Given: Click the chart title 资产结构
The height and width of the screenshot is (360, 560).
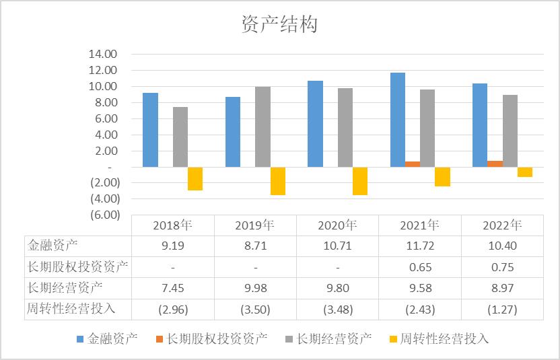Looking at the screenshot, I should click(x=279, y=25).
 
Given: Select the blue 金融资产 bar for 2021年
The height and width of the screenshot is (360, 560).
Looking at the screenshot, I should click(x=398, y=119).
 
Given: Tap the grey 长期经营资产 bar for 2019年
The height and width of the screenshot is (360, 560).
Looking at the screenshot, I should click(x=262, y=127).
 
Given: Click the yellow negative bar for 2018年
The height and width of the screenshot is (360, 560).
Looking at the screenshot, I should click(x=195, y=178).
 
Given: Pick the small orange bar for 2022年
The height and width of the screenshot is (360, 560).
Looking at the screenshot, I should click(x=495, y=164).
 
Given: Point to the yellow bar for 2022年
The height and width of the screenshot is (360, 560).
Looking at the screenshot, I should click(x=525, y=172).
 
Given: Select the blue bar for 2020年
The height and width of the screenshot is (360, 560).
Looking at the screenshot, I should click(x=315, y=124).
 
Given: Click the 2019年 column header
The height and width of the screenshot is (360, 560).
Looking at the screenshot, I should click(x=255, y=225).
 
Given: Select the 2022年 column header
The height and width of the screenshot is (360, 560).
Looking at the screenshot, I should click(x=502, y=225).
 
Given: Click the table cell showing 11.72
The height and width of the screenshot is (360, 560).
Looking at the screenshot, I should click(x=420, y=246).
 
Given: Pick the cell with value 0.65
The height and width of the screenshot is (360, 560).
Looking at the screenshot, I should click(x=420, y=266).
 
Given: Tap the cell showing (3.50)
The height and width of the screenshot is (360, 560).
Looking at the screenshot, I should click(x=255, y=310).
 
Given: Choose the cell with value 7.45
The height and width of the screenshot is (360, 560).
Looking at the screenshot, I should click(x=173, y=288).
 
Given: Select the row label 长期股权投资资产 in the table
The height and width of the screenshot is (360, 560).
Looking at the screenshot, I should click(x=77, y=266).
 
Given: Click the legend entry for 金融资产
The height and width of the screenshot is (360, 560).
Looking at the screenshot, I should click(x=108, y=338).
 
